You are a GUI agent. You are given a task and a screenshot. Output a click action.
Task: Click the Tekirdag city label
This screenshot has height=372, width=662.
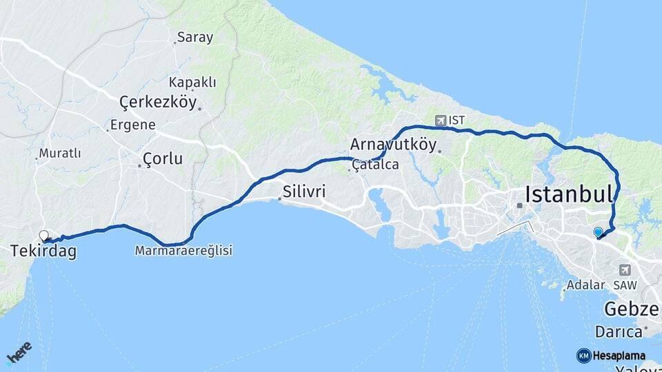[x=43, y=252]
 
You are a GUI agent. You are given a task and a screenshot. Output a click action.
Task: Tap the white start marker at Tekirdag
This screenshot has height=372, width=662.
[x=44, y=236]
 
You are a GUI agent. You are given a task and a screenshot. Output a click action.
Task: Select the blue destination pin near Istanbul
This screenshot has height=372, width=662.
[x=598, y=233]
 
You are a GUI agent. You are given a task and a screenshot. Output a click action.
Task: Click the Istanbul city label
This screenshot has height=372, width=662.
[x=569, y=194]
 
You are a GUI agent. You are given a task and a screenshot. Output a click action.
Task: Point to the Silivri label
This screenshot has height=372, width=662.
[x=303, y=191]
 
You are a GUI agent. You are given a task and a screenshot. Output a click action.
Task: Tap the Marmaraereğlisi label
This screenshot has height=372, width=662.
[x=184, y=251]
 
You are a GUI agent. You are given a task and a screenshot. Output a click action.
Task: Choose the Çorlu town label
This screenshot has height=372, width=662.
[x=163, y=159]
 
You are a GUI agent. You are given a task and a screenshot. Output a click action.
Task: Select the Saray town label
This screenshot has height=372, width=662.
[x=195, y=37]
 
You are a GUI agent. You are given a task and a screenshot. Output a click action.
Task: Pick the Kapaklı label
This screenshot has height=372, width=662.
[x=192, y=82]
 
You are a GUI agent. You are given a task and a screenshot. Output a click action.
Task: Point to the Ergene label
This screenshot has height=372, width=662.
[x=134, y=125]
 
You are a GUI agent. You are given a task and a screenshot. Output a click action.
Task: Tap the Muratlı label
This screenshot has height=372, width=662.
[x=60, y=152]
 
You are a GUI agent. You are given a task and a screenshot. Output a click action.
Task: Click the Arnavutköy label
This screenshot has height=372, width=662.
[x=394, y=145]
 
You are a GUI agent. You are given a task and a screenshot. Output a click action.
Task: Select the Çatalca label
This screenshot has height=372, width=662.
[x=375, y=165]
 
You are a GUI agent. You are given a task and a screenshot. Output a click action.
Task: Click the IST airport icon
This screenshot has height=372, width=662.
[x=441, y=121]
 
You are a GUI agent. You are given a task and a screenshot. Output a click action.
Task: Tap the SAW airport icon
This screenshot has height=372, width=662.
[x=625, y=270]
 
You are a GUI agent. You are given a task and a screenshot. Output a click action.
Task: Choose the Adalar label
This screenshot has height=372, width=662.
[x=585, y=285]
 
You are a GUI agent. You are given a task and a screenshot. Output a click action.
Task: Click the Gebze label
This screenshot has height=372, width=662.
[x=632, y=308]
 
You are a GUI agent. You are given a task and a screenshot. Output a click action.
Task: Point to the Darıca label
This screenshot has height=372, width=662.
[x=620, y=331]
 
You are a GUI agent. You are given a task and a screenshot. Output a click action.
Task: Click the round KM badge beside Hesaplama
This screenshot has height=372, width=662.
[x=584, y=355]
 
